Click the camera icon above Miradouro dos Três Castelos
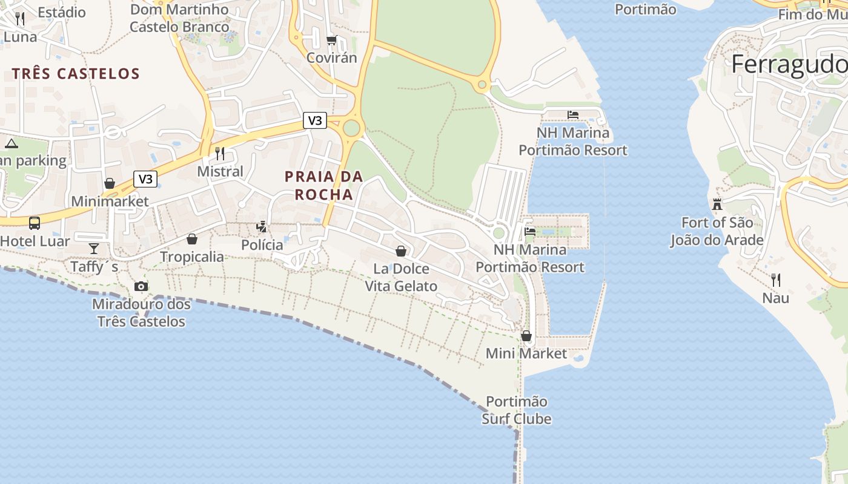point(141,286)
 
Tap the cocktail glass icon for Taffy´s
point(94,248)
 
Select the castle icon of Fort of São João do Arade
point(717,204)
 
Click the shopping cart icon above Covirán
point(331,41)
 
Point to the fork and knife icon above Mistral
point(220,154)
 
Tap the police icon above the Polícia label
point(262,227)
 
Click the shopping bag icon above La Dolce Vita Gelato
point(400,250)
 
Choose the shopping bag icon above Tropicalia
point(192,239)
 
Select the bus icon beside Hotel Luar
point(35,223)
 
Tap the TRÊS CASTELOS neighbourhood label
point(76,74)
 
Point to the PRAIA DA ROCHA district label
point(323,185)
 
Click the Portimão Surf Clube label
point(517,410)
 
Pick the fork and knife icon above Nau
point(776,280)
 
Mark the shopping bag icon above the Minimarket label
point(110,183)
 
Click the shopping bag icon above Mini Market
point(526,335)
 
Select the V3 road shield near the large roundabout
point(315,120)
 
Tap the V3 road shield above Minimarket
point(145,178)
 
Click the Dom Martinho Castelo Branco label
point(179,18)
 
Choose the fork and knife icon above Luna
point(20,19)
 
